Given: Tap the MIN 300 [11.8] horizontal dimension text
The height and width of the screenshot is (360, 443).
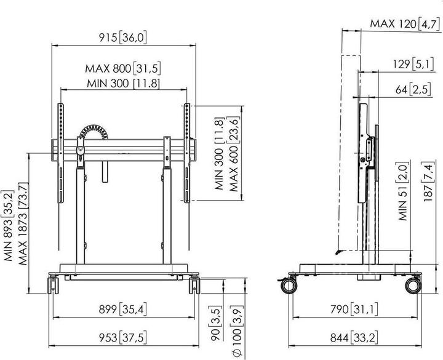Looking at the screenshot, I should pos(122,82).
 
